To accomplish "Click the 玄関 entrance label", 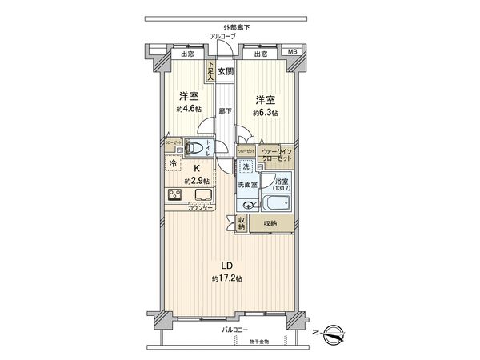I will [x=225, y=71].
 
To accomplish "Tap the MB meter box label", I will [x=294, y=54].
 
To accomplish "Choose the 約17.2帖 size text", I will [x=227, y=278].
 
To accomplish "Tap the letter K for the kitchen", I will [x=196, y=169].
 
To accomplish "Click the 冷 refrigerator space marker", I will [x=173, y=164].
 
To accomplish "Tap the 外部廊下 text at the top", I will [x=237, y=27].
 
